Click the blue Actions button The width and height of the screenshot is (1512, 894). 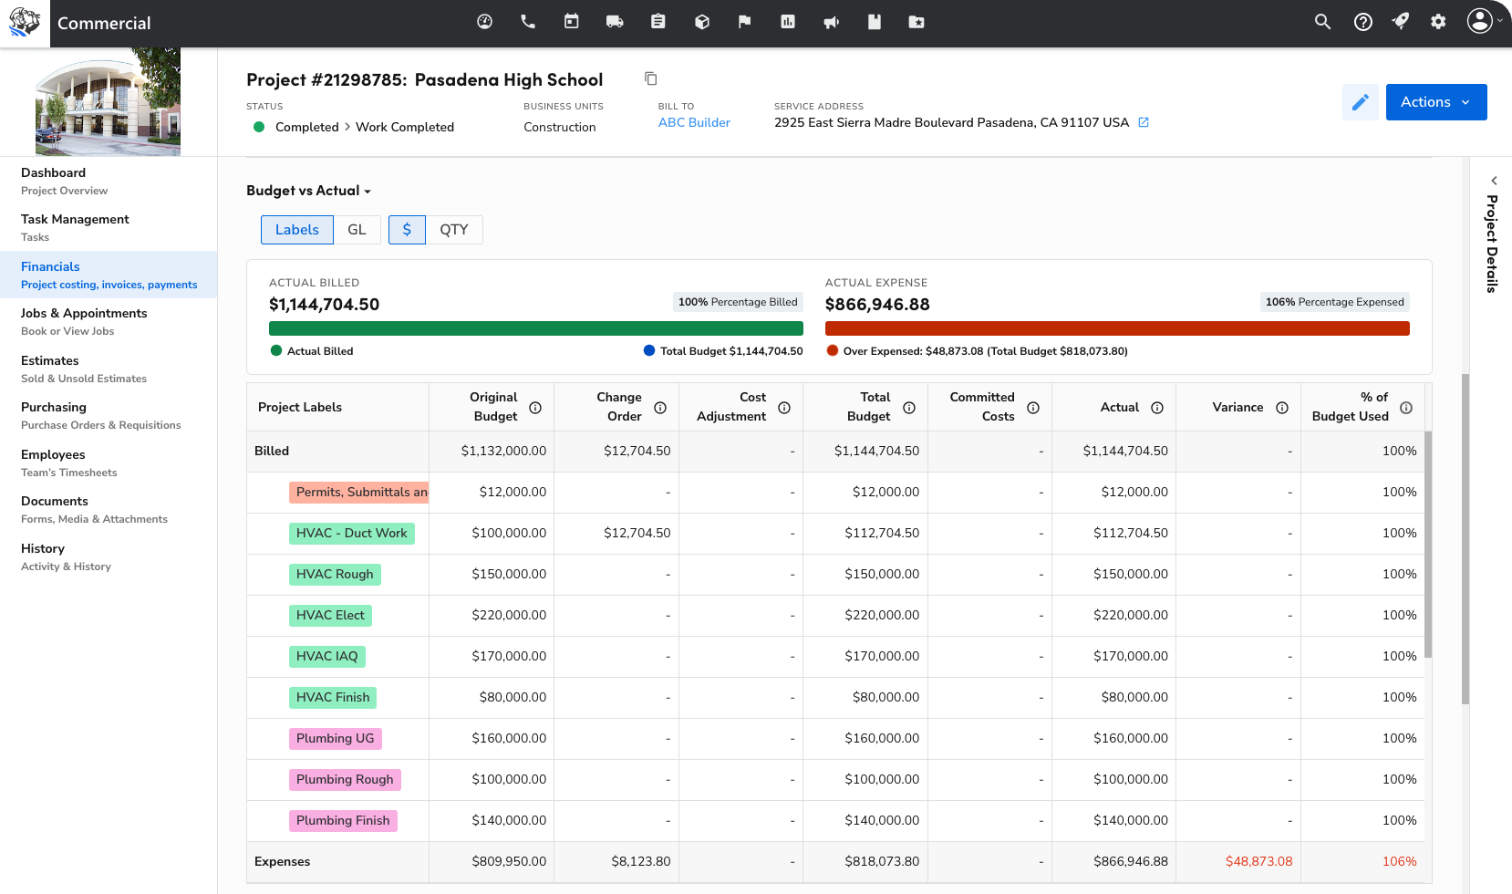[x=1435, y=102]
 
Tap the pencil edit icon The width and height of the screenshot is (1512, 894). [x=1360, y=102]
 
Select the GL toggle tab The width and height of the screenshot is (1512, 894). [x=357, y=230]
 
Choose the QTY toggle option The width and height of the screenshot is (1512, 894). [x=453, y=230]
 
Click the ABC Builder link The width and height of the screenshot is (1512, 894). [x=694, y=122]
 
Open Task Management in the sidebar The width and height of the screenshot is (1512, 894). [x=75, y=219]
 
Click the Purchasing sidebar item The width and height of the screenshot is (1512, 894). [x=54, y=407]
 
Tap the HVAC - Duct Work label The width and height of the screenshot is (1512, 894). [x=352, y=533]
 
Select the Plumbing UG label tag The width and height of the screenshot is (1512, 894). [x=335, y=738]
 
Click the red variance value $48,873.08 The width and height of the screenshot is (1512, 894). [x=1258, y=861]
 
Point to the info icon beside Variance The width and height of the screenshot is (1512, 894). [x=1281, y=408]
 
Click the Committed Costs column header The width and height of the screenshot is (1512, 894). [x=981, y=407]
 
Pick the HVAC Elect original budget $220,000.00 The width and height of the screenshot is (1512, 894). [x=509, y=615]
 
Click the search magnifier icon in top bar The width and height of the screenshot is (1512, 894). [x=1322, y=22]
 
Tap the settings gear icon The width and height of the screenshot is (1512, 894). [x=1438, y=22]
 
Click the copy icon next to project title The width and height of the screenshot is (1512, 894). [x=650, y=79]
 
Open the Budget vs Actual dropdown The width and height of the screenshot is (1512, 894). [x=308, y=191]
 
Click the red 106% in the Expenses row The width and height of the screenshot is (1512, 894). [x=1399, y=861]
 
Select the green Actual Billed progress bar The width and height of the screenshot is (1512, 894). [x=535, y=328]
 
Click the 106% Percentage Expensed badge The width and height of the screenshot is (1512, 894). [x=1334, y=302]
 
